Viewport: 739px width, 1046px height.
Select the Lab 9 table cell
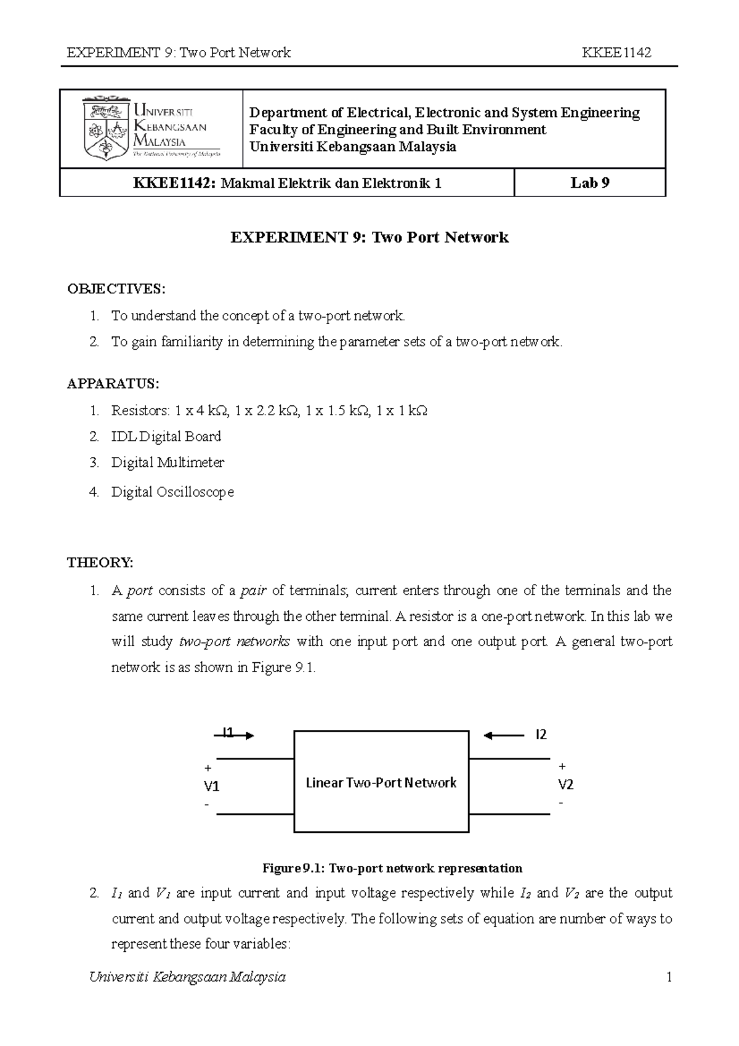[589, 183]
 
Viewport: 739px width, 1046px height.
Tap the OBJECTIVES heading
[116, 289]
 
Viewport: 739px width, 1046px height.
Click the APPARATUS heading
[113, 384]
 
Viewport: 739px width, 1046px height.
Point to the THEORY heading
[100, 562]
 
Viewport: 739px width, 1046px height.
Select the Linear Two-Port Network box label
[381, 782]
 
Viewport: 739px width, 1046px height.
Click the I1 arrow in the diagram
[235, 734]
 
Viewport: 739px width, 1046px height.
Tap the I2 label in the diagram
[541, 734]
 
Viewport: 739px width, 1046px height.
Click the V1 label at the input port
[212, 787]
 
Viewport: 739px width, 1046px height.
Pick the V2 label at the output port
[565, 784]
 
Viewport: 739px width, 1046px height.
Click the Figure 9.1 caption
[392, 868]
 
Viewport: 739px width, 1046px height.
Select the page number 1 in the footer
[668, 977]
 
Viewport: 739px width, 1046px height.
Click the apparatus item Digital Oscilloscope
[172, 492]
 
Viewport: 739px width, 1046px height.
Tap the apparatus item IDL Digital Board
[166, 436]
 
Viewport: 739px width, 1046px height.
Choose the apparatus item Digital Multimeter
[168, 462]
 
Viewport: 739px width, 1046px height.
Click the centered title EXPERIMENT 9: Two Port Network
[369, 237]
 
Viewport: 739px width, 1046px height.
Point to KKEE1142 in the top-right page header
[616, 52]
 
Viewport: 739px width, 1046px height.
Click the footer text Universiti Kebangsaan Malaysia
[187, 977]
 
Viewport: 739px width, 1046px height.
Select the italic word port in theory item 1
[140, 591]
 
